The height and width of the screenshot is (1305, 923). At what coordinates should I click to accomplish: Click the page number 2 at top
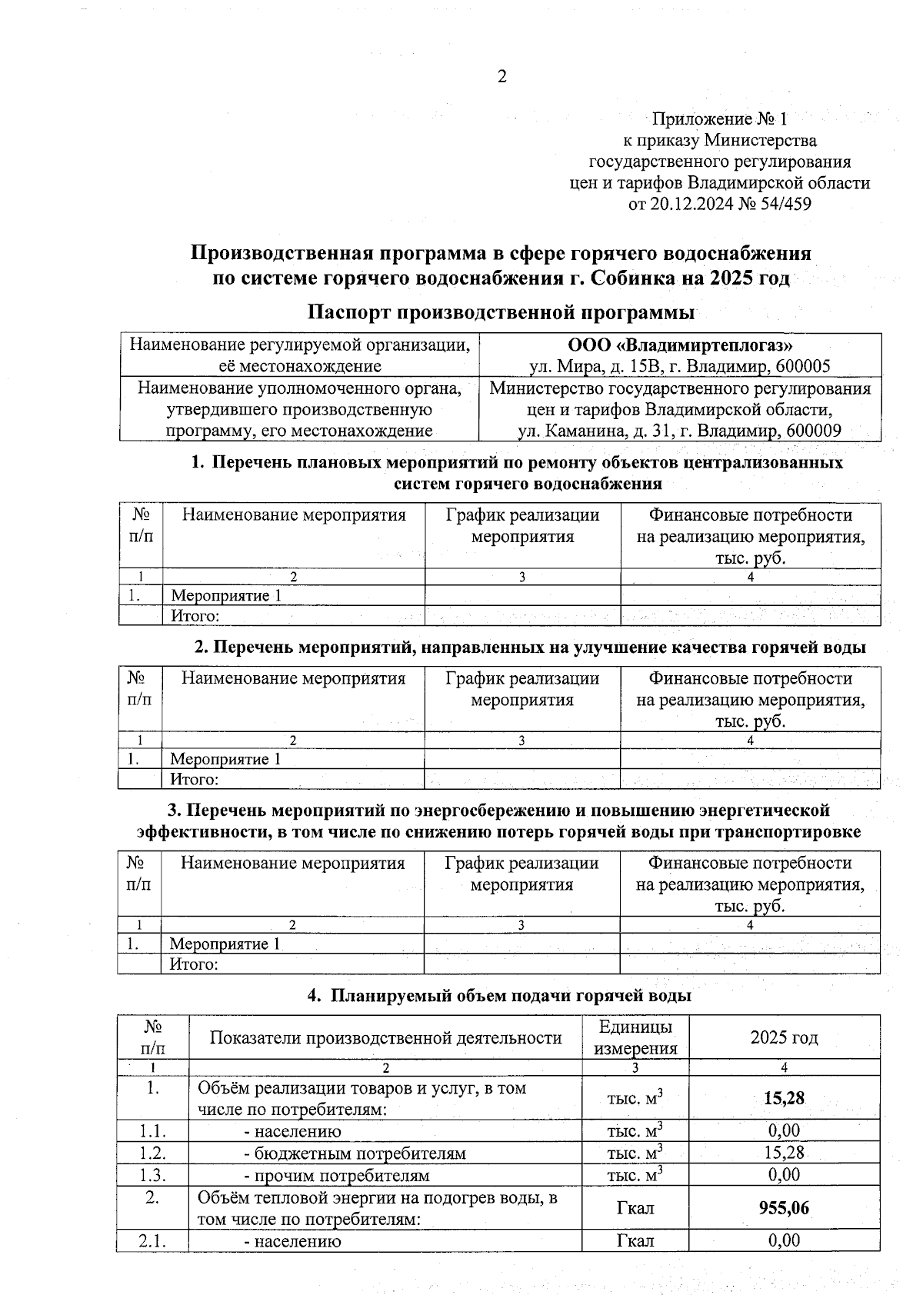[502, 77]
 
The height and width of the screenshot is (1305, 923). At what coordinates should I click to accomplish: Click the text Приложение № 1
[719, 119]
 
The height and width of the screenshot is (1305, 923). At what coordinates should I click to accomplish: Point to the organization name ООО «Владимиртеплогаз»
[680, 345]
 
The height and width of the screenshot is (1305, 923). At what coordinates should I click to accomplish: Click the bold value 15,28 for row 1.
[784, 1098]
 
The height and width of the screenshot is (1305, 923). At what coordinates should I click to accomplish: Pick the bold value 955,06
[784, 1208]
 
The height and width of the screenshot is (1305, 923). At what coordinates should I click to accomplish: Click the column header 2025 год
[784, 1037]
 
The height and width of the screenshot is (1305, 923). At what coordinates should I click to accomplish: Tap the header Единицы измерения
[635, 1037]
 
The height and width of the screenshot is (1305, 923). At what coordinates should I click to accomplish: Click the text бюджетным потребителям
[355, 1154]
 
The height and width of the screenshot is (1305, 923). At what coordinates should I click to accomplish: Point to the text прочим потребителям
[337, 1176]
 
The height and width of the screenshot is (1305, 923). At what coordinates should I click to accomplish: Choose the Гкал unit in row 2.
[635, 1208]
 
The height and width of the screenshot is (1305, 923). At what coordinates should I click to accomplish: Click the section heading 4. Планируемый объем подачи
[499, 996]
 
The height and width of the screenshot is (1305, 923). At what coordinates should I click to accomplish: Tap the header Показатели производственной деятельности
[385, 1037]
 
